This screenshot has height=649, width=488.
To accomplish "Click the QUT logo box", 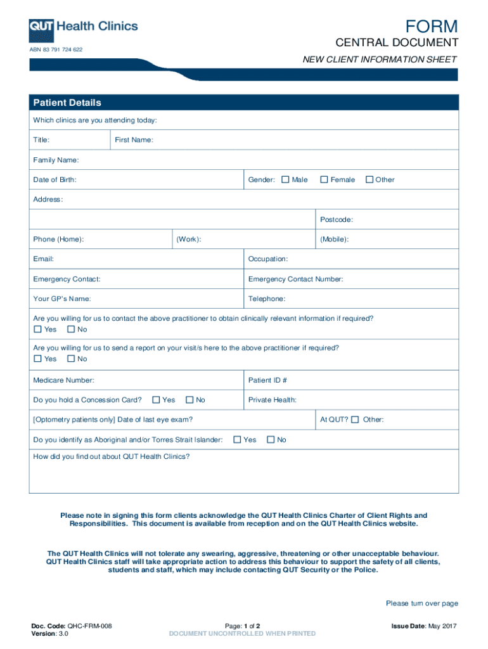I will tap(42, 27).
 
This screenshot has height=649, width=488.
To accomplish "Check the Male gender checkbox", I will tap(285, 180).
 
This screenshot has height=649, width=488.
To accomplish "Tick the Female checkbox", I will tap(324, 180).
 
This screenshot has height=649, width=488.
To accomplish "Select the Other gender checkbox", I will tap(369, 180).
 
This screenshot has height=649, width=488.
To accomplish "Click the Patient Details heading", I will tap(67, 103).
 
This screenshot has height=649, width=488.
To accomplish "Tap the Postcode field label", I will tap(336, 220).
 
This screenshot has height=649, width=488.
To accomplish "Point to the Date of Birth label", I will tap(55, 180).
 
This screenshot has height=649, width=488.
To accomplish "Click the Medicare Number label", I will tap(64, 380).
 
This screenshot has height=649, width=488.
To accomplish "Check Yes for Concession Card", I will tap(156, 400).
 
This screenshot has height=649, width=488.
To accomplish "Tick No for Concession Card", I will tap(189, 400).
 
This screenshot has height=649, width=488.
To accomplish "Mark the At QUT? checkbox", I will tap(355, 420).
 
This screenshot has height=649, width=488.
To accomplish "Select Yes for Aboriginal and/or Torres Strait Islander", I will tap(238, 440).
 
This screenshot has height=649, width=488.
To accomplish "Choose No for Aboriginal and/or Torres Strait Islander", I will tap(271, 440).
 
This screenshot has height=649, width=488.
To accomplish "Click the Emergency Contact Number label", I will tap(296, 279).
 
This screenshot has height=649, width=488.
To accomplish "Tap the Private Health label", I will tap(273, 400).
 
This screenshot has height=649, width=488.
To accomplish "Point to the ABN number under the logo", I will tap(56, 49).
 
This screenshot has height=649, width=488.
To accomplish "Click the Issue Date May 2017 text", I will tap(424, 626).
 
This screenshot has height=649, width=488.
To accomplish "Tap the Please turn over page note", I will tap(421, 603).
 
